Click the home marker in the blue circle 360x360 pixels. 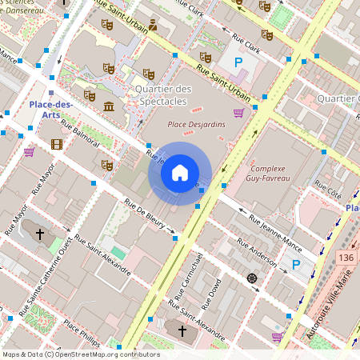coord(180,172)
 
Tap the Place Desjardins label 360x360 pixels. coord(196,125)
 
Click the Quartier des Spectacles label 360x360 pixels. coord(163,95)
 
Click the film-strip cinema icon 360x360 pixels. coord(56,145)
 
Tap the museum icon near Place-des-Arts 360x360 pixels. coord(108,107)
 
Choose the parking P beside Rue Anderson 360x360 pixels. coord(295,265)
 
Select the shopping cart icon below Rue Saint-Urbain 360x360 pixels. coord(238,113)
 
